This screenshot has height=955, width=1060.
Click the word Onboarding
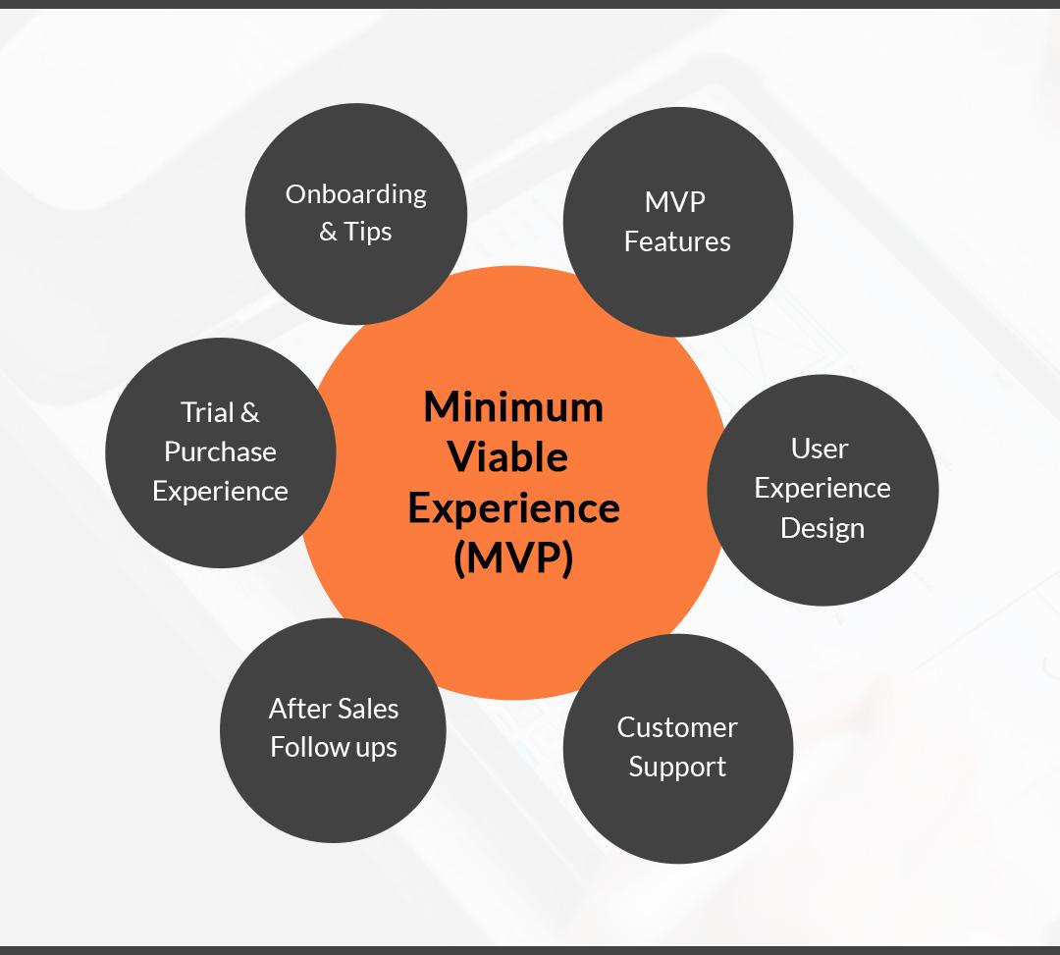[355, 195]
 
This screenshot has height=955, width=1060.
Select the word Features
[677, 241]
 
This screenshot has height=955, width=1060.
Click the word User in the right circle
[820, 449]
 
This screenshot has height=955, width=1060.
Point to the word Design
[822, 528]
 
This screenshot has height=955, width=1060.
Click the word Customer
[677, 727]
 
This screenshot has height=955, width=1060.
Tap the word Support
[677, 768]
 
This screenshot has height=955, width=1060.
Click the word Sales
[368, 709]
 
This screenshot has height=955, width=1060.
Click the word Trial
[206, 412]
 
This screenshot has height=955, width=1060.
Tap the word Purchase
[221, 451]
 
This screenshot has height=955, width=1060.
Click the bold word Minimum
[513, 407]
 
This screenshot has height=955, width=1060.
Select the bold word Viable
[507, 456]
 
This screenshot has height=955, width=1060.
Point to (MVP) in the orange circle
[513, 558]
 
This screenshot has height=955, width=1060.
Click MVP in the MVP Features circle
[675, 202]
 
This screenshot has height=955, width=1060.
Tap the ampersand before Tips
[328, 232]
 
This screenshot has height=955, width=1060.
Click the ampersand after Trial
[249, 412]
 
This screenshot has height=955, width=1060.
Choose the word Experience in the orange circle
[513, 509]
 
